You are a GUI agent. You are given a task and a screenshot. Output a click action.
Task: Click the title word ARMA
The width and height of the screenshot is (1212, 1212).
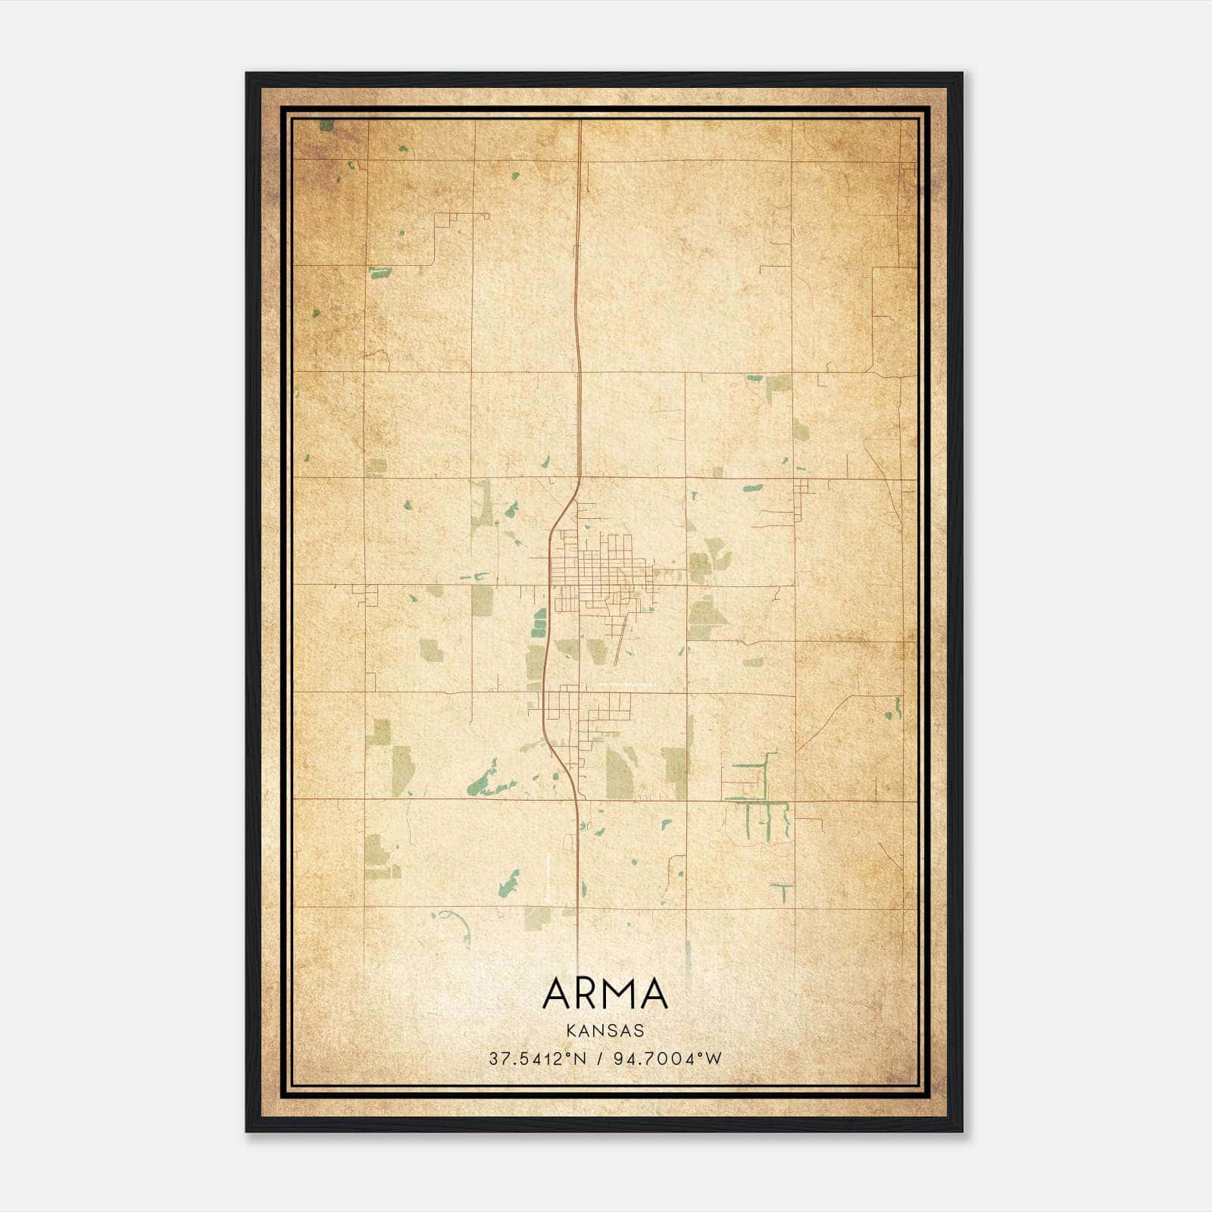coord(605,994)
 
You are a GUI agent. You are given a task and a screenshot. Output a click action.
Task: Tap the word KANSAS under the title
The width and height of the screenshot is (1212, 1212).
coord(604,1031)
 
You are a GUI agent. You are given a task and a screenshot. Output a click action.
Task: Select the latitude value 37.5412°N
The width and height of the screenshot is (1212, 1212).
coord(538,1059)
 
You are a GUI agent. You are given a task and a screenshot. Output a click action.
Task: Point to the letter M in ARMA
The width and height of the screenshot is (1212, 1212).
coord(621,994)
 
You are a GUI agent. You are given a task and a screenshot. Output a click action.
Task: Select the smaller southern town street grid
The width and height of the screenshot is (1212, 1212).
coord(587,712)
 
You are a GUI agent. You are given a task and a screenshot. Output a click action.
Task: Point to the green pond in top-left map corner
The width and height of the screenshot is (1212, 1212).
coord(326,125)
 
